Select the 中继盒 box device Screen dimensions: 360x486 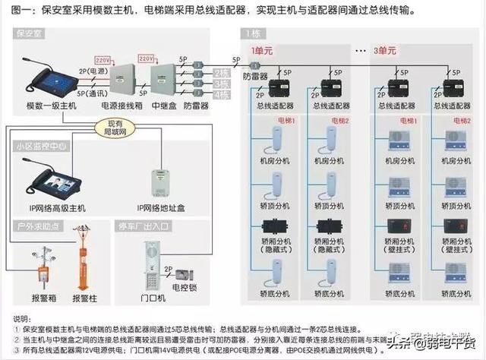coord(164,79)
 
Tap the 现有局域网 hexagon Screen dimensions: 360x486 coord(115,127)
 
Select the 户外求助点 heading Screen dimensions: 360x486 coord(38,226)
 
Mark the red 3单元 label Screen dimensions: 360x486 coord(385,49)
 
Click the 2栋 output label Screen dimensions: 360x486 coord(221,71)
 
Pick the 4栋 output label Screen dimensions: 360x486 coord(221,96)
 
